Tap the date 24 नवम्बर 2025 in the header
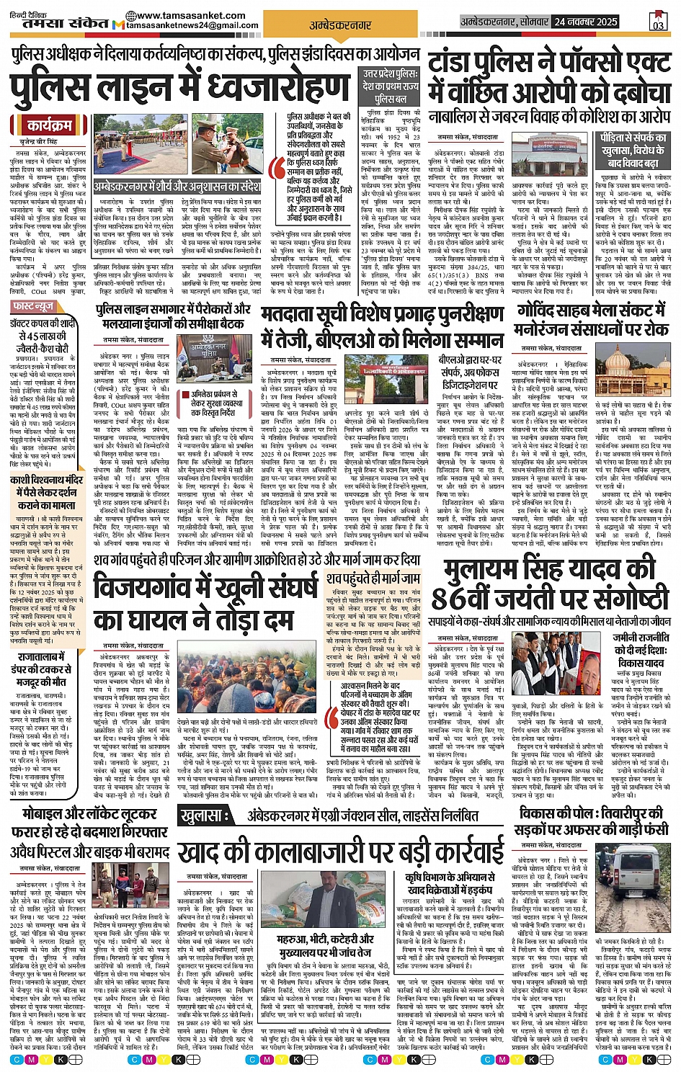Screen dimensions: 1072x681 tap(587, 22)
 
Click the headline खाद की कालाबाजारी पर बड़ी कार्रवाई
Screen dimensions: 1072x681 tap(341, 851)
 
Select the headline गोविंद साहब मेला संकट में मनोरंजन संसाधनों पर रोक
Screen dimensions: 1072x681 tap(592, 321)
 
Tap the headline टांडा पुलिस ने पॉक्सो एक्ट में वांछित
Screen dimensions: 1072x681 tap(549, 80)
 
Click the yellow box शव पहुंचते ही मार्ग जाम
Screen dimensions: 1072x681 tap(373, 578)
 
